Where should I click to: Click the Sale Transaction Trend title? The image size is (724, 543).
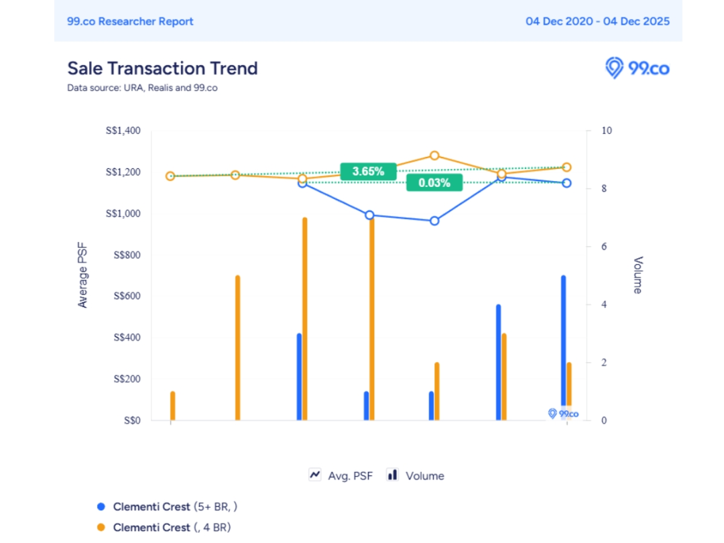click(x=162, y=68)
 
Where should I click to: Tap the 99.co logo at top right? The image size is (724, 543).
click(x=638, y=68)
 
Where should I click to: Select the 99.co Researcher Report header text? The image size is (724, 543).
click(x=130, y=21)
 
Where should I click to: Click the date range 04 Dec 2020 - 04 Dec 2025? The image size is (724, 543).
click(x=597, y=21)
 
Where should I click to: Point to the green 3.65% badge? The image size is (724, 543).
click(x=368, y=171)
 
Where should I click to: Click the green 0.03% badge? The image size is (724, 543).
click(x=434, y=182)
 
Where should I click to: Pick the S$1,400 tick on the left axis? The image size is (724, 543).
click(x=123, y=131)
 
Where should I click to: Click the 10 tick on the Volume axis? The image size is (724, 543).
click(x=606, y=131)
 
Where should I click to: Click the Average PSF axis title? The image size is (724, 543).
click(x=83, y=276)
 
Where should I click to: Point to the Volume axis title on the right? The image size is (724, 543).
click(x=638, y=275)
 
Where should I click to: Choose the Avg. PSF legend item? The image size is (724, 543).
click(x=342, y=475)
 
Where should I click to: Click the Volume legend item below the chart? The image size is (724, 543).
click(x=416, y=475)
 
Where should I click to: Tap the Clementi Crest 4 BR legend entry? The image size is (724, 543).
click(x=171, y=528)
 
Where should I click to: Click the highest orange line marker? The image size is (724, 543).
click(x=434, y=156)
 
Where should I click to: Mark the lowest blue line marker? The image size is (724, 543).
click(x=434, y=221)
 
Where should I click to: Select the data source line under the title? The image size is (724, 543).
click(x=142, y=88)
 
